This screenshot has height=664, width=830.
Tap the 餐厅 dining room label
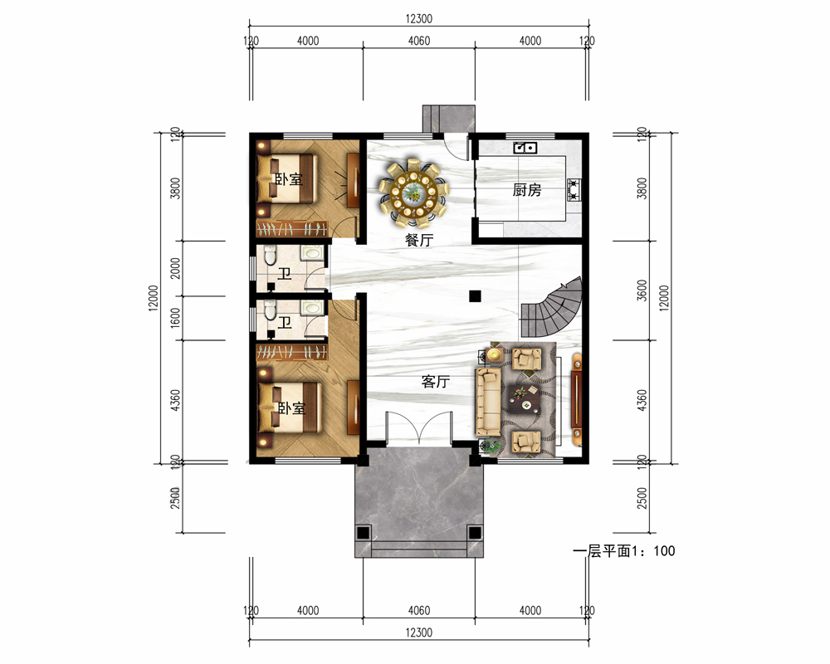[419, 240]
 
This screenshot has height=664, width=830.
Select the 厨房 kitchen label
[527, 189]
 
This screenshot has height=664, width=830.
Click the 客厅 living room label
[436, 381]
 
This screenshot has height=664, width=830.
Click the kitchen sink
[525, 147]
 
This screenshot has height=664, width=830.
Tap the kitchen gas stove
[574, 189]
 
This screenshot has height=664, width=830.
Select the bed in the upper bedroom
[286, 178]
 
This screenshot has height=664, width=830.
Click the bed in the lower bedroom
[289, 408]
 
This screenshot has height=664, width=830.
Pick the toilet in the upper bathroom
[270, 255]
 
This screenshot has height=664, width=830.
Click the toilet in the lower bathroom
[270, 310]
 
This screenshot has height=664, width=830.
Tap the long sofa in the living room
[488, 402]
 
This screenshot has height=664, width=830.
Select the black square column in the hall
[475, 296]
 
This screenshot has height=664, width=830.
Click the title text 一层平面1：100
[624, 550]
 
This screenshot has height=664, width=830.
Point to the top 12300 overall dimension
[418, 18]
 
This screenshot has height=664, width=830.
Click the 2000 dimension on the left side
[175, 268]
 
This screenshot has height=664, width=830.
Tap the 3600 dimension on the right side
[642, 290]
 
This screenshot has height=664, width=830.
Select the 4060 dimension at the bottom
[418, 611]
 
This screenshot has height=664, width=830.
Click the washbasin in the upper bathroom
[311, 252]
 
